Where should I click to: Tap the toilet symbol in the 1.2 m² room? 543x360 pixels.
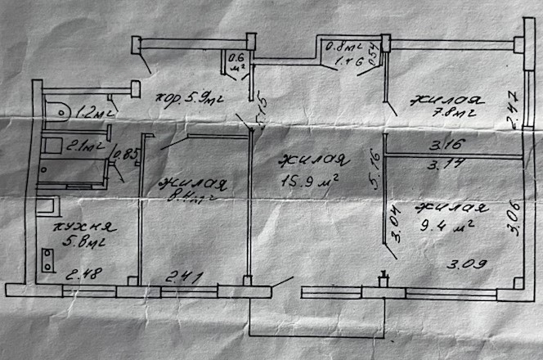(x=58, y=106)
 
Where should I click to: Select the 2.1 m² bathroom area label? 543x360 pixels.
(x=84, y=147)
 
